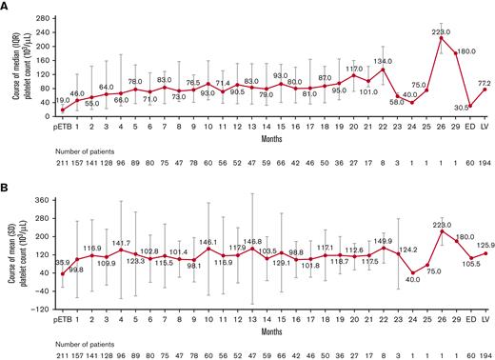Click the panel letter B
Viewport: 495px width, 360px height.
click(x=6, y=188)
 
